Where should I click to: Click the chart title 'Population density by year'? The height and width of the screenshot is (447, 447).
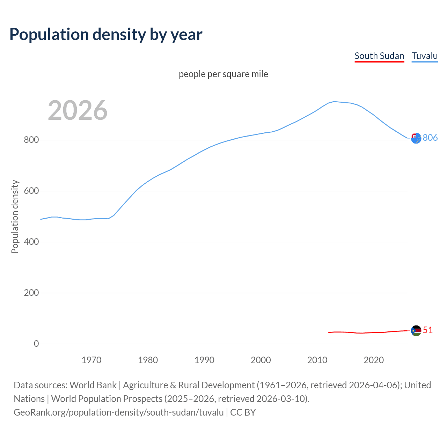[x=106, y=34]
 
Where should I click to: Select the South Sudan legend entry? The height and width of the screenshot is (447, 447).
[x=379, y=56]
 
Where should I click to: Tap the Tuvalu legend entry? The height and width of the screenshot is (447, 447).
[x=424, y=56]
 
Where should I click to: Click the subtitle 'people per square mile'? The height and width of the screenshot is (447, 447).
[x=223, y=74]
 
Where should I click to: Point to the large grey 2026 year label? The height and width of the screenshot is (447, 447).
[x=78, y=110]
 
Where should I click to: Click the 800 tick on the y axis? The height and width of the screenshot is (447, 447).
[x=31, y=140]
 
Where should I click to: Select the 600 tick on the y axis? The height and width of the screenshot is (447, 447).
[x=31, y=191]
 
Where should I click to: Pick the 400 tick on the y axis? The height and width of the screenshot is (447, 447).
[x=31, y=242]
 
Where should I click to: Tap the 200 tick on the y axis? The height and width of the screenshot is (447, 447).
[x=31, y=293]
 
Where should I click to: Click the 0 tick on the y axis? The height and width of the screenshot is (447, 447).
[x=36, y=344]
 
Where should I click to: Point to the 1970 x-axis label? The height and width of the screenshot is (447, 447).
[x=91, y=360]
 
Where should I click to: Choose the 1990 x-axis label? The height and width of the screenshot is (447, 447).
[x=204, y=360]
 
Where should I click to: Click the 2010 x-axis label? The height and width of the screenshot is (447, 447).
[x=317, y=360]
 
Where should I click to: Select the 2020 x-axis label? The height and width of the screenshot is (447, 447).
[x=374, y=360]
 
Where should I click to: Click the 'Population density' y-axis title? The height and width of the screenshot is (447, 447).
[x=15, y=217]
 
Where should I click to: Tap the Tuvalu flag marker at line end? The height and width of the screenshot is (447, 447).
[x=416, y=138]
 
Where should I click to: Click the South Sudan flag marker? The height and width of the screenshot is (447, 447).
[x=416, y=330]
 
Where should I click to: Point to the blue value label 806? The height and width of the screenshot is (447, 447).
[x=430, y=138]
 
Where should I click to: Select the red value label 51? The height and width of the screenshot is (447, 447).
[x=428, y=330]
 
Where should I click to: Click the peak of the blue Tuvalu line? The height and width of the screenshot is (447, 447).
[x=334, y=102]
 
